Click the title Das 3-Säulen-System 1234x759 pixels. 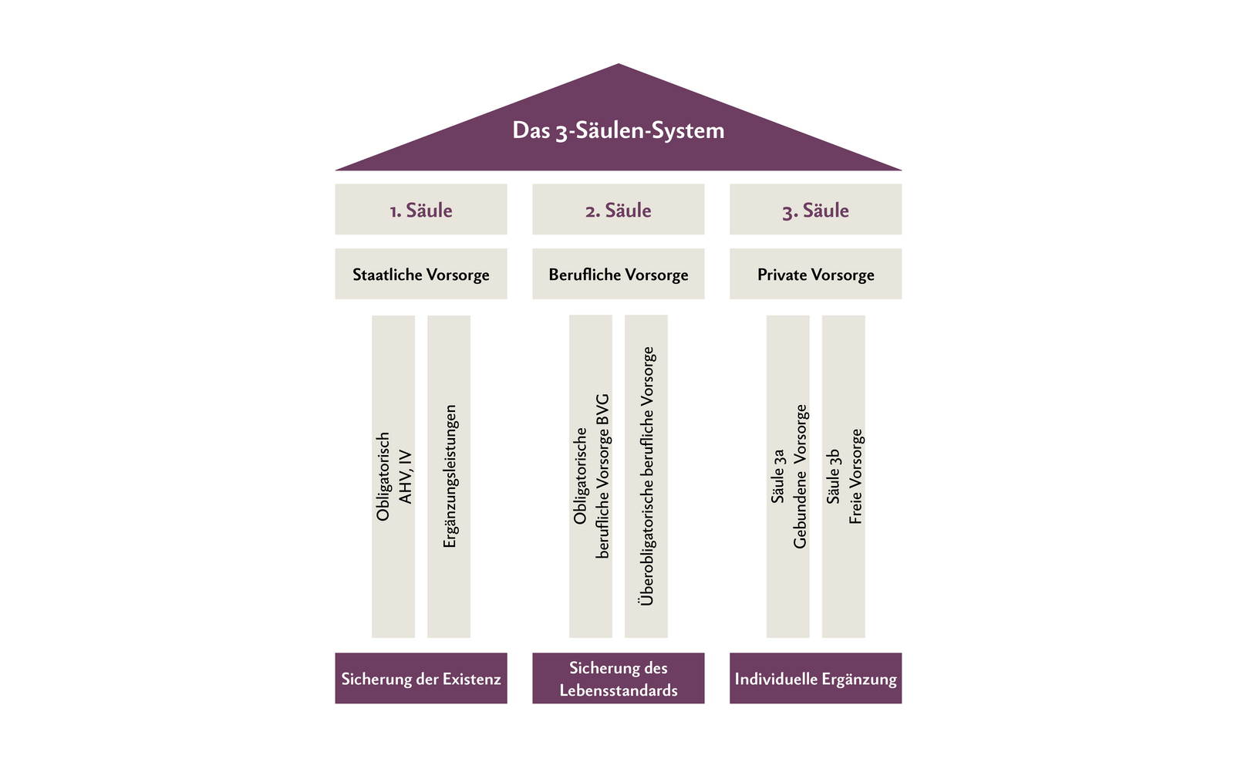pos(618,130)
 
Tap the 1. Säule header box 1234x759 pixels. pos(420,209)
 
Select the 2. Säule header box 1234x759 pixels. pos(618,209)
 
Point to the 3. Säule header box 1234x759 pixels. pos(815,209)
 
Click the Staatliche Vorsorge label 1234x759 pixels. pos(420,274)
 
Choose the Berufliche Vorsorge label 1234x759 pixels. pos(618,274)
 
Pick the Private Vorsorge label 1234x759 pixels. pos(815,274)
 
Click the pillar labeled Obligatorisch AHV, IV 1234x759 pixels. pos(393,476)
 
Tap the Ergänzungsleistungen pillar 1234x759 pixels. pos(449,476)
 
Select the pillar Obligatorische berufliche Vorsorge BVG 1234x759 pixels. pos(591,476)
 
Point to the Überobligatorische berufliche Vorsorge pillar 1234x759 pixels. pos(646,476)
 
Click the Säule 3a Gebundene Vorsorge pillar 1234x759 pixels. pos(788,476)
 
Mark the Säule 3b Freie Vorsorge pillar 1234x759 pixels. pos(844,476)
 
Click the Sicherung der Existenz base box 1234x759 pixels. pos(420,678)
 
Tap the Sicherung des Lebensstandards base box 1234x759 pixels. pos(618,678)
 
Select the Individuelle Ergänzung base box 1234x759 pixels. pos(815,678)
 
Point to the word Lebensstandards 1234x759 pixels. pos(618,690)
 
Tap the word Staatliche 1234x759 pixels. pos(387,275)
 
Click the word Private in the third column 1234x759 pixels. pos(782,275)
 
